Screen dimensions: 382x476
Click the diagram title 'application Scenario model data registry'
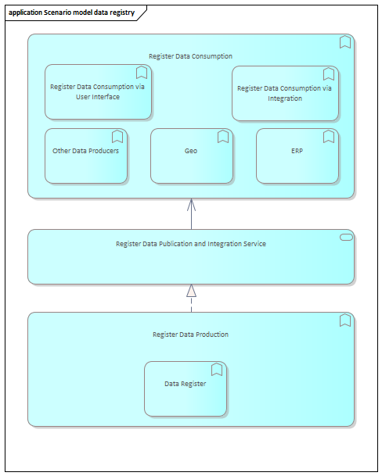(71, 13)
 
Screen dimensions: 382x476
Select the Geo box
(192, 156)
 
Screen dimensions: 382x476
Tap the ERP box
(297, 156)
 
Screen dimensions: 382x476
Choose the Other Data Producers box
(86, 156)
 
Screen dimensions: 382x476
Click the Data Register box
(186, 389)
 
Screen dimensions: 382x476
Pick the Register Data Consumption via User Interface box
(98, 91)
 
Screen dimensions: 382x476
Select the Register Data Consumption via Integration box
(285, 94)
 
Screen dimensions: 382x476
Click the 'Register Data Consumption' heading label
(190, 56)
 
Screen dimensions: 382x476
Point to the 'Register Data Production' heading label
(190, 335)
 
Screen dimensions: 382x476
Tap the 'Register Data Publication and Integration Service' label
(191, 244)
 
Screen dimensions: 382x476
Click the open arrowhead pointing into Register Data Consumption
(191, 205)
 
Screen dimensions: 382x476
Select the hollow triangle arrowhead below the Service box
(191, 291)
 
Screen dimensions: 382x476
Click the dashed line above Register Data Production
(191, 305)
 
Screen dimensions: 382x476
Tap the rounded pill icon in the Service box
(346, 238)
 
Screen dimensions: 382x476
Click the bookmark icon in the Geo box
(223, 137)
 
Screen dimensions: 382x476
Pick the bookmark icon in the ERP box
(329, 137)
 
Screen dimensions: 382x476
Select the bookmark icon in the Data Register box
(217, 370)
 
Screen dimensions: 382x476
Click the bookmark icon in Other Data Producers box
(117, 137)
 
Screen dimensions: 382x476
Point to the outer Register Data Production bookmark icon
(345, 320)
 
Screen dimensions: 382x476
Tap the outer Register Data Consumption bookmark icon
(345, 42)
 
